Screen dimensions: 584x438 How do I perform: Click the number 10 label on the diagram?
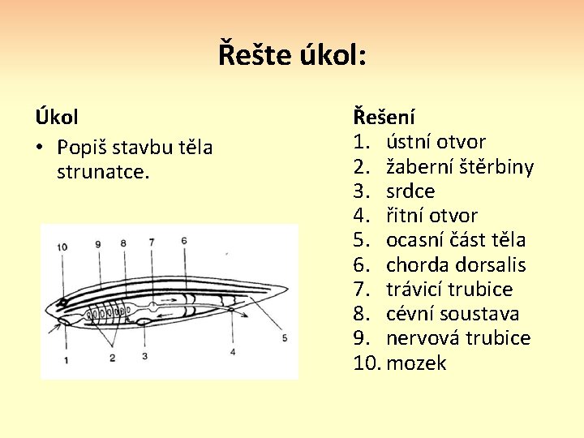62,247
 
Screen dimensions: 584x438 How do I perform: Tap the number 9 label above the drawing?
97,243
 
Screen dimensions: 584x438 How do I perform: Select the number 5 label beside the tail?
284,337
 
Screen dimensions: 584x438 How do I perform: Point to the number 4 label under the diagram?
233,352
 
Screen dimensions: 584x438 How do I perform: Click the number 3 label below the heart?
144,355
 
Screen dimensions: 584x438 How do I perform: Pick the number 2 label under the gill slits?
112,358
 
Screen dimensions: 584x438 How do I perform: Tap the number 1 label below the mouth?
64,358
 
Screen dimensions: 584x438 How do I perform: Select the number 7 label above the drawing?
152,242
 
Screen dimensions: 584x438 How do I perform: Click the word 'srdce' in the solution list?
410,191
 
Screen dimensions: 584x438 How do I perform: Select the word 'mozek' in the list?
416,363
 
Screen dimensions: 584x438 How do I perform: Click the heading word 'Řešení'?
384,117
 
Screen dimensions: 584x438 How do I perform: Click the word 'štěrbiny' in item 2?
495,167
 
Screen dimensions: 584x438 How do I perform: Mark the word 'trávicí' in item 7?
414,290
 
